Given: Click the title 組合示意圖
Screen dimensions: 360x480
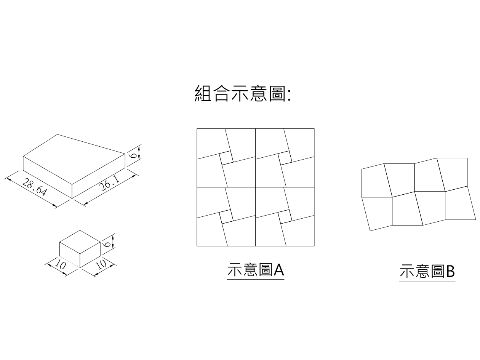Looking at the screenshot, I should (x=242, y=93).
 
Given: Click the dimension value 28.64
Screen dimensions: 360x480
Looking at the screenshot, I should (x=34, y=187).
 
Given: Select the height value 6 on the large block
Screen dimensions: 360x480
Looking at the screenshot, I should (x=133, y=155).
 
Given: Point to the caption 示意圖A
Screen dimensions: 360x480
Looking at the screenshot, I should (x=255, y=270).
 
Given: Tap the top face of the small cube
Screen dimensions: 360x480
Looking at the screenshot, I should (x=80, y=242).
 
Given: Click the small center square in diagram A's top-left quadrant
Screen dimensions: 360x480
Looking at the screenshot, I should (x=226, y=158).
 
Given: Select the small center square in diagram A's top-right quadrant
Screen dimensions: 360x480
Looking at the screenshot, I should (x=285, y=158).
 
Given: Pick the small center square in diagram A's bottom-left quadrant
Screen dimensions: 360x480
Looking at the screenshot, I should (x=226, y=216).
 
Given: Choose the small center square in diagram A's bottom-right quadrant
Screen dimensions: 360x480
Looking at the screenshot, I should (x=285, y=216).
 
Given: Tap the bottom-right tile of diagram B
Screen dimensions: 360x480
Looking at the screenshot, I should (x=459, y=204).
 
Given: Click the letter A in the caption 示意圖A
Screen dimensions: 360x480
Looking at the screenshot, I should (x=279, y=270).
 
